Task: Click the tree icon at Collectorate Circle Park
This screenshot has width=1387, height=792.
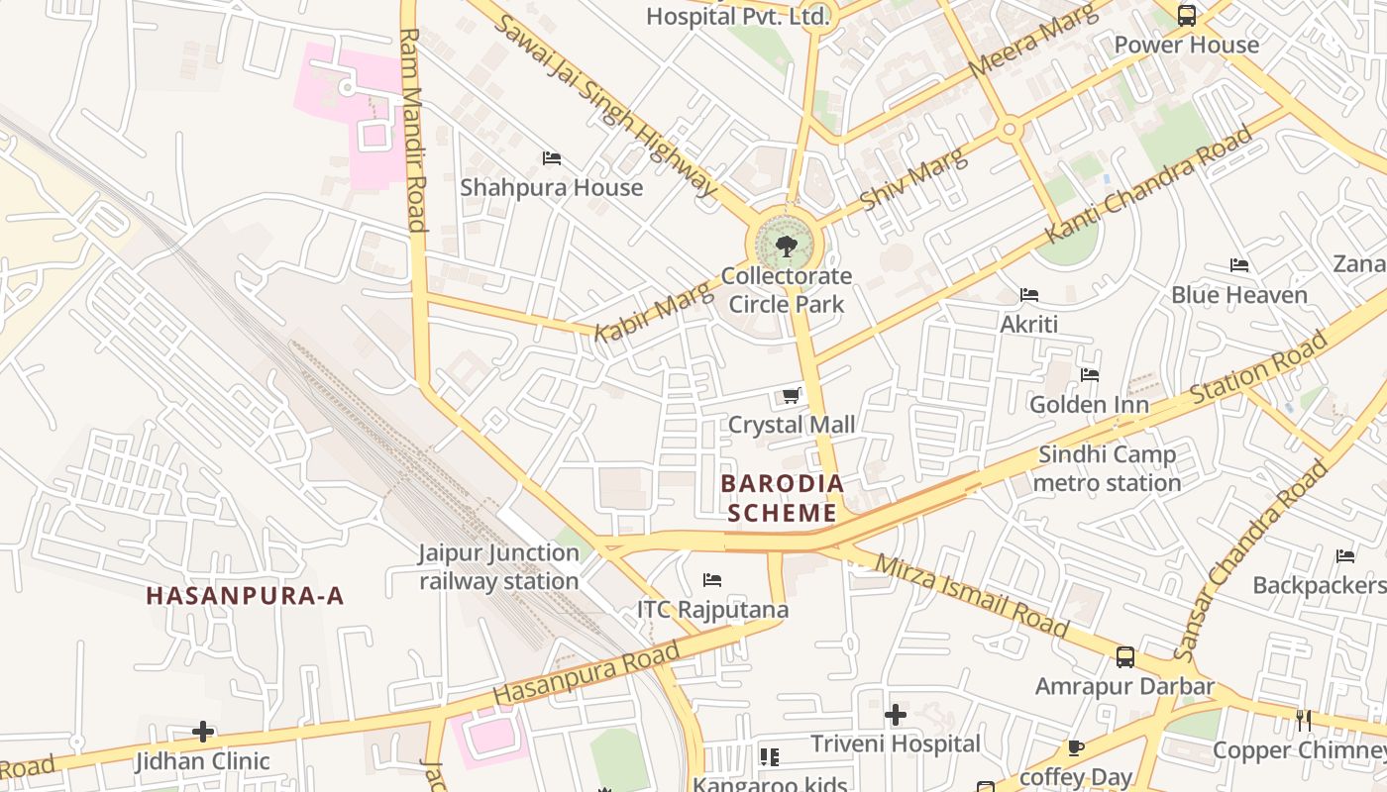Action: [786, 246]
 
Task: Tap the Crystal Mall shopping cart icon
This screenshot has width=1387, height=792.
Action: [791, 396]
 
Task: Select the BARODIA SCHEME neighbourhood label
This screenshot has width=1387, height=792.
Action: [783, 498]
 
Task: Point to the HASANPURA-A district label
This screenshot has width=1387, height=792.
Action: [245, 596]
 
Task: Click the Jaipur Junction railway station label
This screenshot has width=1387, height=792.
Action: [498, 567]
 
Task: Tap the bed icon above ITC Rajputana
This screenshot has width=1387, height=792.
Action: [711, 580]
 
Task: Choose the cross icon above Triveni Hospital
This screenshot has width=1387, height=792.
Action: [896, 714]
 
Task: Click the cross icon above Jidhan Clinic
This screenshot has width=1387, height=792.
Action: [203, 732]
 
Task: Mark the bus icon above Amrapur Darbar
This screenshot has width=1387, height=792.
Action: [1124, 657]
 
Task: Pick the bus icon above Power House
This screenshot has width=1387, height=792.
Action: [1186, 16]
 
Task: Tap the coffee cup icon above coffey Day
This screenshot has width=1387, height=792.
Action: [1075, 748]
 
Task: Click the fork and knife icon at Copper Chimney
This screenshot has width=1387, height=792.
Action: [1304, 721]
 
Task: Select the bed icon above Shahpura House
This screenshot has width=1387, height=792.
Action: [552, 158]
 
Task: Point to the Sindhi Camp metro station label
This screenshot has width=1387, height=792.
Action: [1107, 468]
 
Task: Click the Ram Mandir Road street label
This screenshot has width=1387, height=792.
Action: [413, 129]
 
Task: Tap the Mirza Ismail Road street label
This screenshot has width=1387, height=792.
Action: [972, 594]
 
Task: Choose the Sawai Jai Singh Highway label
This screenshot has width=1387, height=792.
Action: [603, 105]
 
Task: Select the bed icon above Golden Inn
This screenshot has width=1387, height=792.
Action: [1090, 375]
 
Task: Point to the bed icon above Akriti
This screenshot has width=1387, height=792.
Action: [1029, 295]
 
